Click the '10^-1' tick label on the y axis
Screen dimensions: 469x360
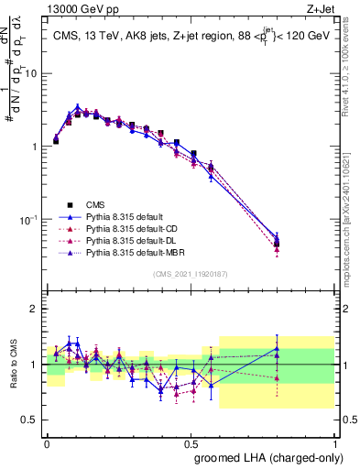(29, 220)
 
